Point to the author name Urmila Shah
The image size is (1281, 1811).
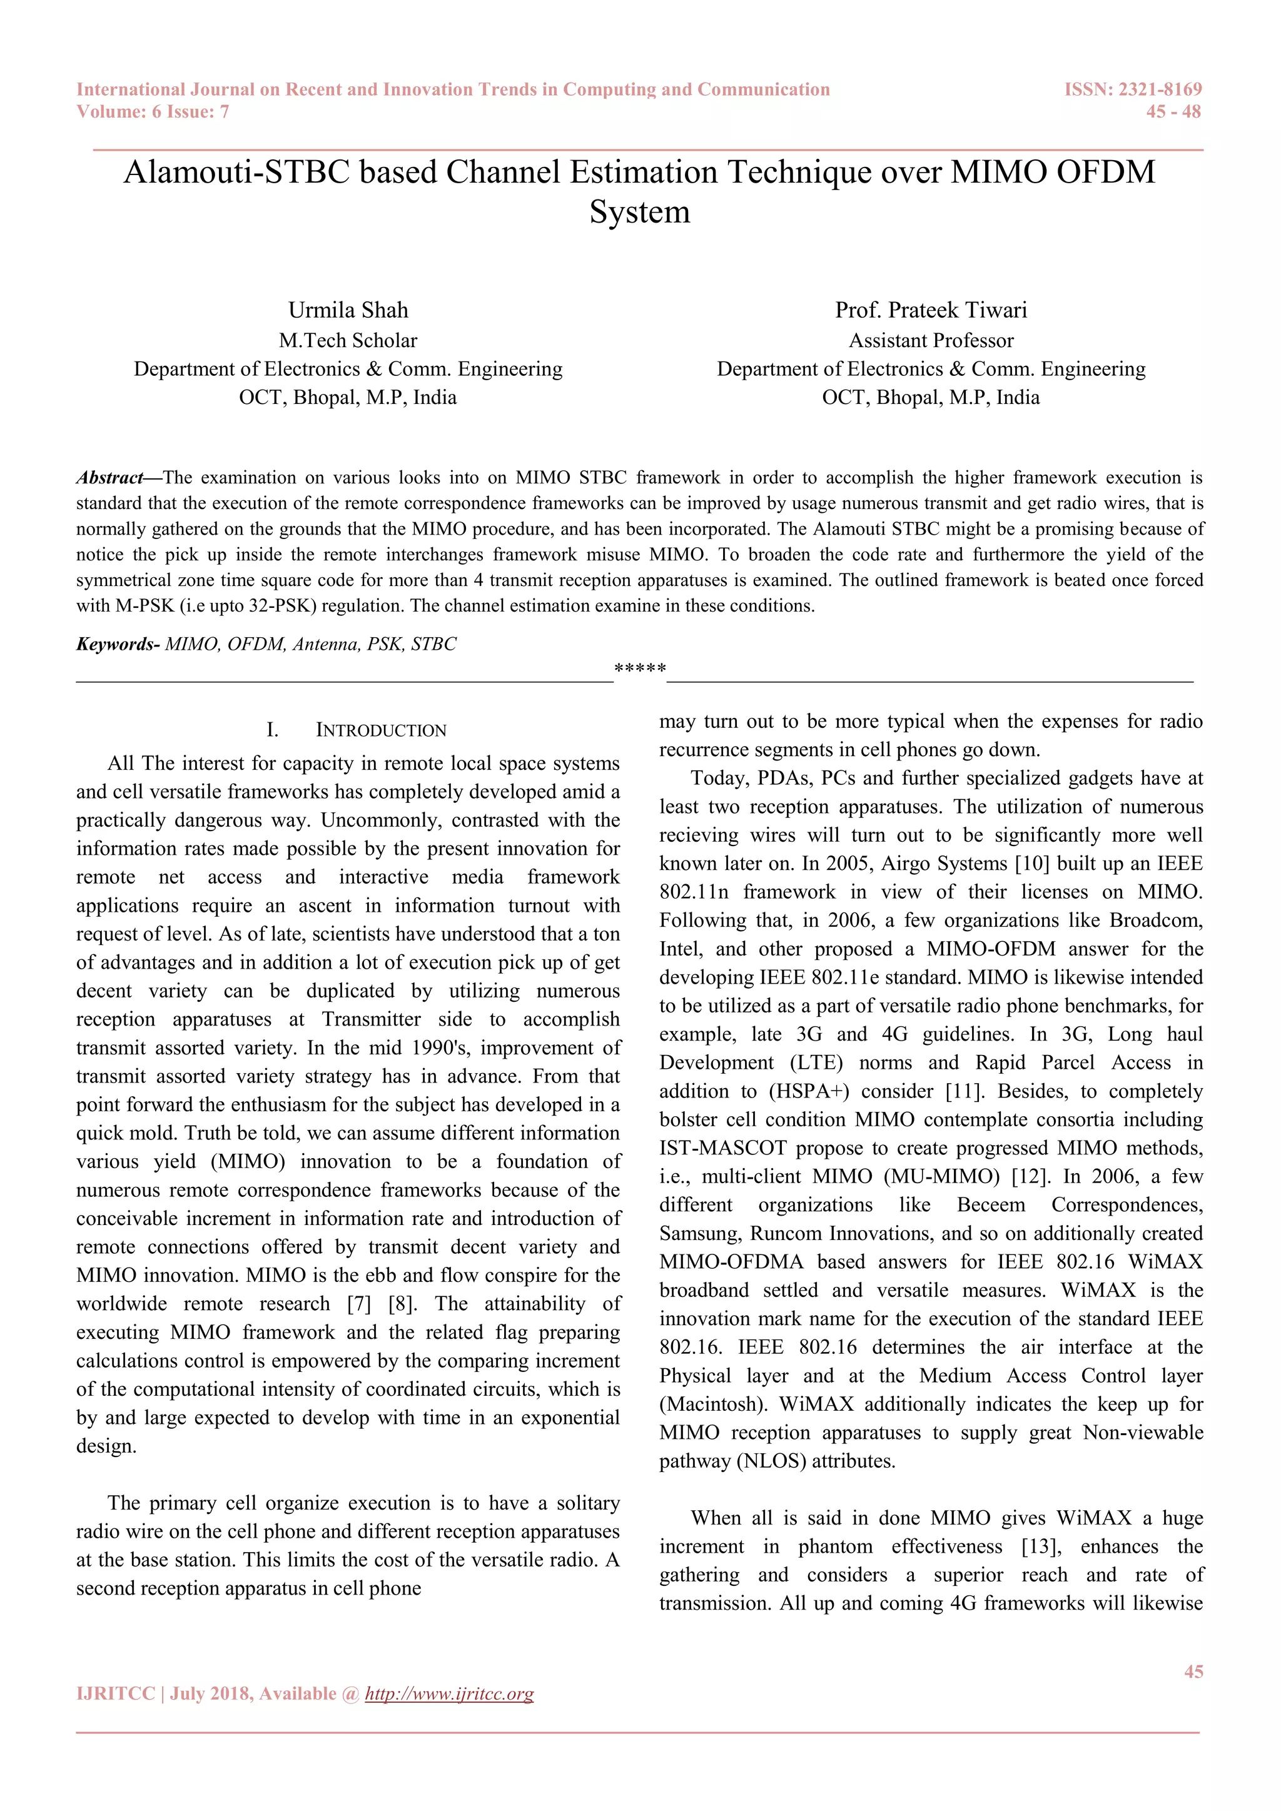[x=348, y=310]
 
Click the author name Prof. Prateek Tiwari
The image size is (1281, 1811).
[x=931, y=310]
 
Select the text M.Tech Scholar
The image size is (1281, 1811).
[x=348, y=340]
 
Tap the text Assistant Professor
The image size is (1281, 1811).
[x=931, y=340]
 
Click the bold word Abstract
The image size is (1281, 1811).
[x=109, y=477]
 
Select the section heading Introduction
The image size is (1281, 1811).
[x=381, y=730]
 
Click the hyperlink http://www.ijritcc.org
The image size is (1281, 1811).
[x=449, y=1693]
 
